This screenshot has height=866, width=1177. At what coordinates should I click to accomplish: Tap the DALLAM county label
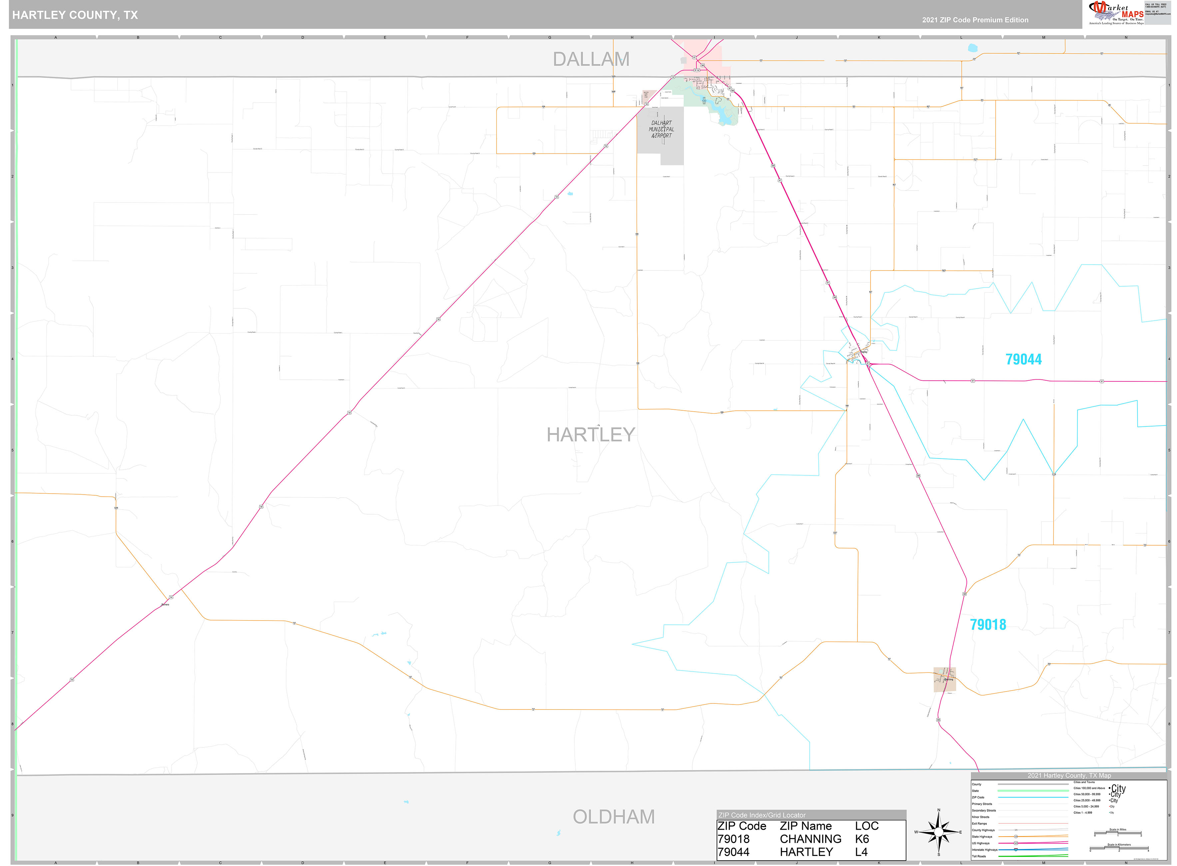[591, 59]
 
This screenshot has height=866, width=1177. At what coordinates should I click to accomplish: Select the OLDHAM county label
[613, 817]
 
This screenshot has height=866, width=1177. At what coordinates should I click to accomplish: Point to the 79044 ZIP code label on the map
[1023, 360]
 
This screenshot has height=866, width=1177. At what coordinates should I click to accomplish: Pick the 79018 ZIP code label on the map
[988, 625]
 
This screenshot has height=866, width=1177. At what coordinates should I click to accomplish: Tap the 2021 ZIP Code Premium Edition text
[975, 20]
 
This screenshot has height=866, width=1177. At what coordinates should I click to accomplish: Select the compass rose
[938, 832]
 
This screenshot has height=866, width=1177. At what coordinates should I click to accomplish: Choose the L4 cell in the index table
[861, 852]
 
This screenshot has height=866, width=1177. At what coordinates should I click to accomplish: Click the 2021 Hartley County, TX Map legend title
[1068, 775]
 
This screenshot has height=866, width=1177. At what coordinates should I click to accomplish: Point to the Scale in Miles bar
[1117, 833]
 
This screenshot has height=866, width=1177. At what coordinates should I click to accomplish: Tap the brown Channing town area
[944, 679]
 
